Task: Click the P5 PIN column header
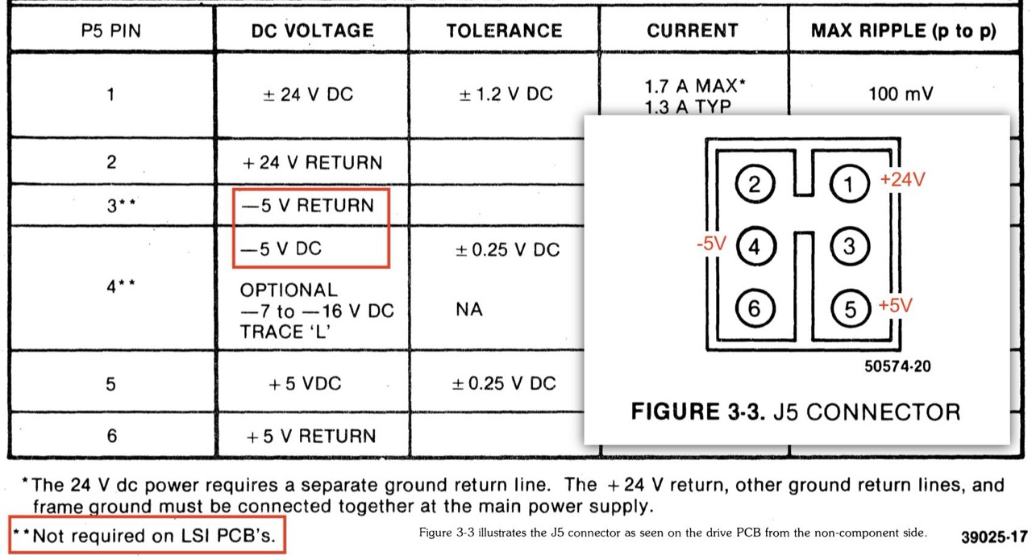pyautogui.click(x=111, y=31)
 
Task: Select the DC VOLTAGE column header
pyautogui.click(x=312, y=31)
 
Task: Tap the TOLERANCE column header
pyautogui.click(x=504, y=31)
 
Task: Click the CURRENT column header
pyautogui.click(x=692, y=31)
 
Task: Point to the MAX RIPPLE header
pyautogui.click(x=903, y=31)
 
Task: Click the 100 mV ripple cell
pyautogui.click(x=901, y=94)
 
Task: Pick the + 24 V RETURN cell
pyautogui.click(x=312, y=162)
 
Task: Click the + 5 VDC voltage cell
pyautogui.click(x=304, y=383)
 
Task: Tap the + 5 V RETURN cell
pyautogui.click(x=310, y=436)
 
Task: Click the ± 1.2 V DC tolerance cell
pyautogui.click(x=506, y=94)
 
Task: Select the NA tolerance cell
pyautogui.click(x=469, y=309)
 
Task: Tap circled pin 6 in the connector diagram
pyautogui.click(x=755, y=307)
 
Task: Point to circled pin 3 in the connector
pyautogui.click(x=848, y=246)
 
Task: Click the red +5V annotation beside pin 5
pyautogui.click(x=897, y=306)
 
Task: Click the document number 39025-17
pyautogui.click(x=994, y=537)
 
